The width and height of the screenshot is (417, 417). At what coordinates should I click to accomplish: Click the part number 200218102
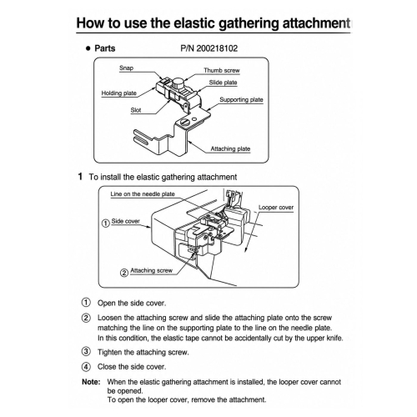coord(217,48)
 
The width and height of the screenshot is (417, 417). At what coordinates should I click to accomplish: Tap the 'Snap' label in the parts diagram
coord(126,68)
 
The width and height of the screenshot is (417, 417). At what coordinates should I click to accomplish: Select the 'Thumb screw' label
coord(222,70)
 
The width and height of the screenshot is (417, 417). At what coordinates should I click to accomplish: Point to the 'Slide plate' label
coord(223,83)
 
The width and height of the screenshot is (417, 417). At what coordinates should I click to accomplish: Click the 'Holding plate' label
coord(119,93)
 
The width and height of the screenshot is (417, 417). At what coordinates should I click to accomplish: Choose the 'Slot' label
coord(136,110)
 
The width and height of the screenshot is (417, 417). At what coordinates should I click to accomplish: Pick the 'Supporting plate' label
coord(241,99)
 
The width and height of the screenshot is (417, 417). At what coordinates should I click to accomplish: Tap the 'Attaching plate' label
coord(230,148)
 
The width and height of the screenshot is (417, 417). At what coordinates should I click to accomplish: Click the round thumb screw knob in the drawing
coord(177,83)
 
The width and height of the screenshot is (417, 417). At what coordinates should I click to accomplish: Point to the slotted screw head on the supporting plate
coord(184,122)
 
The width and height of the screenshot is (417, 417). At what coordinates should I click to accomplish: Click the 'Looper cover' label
coord(276,208)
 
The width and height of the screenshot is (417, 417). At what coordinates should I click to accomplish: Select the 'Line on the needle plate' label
coord(143,194)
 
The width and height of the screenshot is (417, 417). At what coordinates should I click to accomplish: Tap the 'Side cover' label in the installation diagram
coord(126,221)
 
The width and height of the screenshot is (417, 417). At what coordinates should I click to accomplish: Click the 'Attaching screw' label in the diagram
coord(152,270)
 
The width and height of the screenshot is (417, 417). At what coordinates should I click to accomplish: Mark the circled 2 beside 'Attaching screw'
coord(124,273)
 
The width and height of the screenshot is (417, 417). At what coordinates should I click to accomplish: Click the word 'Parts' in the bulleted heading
coord(105,48)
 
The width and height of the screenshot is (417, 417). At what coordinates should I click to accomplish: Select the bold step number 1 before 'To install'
coord(80,177)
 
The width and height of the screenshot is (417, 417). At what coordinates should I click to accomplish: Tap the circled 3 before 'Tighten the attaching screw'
coord(86,352)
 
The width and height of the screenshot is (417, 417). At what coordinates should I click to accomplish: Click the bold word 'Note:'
coord(91,382)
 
